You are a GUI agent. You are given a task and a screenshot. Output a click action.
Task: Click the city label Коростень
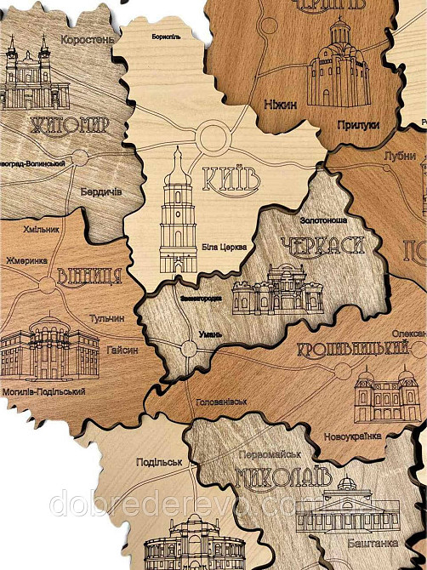(87, 39)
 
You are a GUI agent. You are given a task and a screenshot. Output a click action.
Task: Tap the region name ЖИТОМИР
(70, 127)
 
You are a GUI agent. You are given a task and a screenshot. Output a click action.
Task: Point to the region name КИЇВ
(231, 180)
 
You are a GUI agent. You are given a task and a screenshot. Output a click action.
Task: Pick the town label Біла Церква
(225, 247)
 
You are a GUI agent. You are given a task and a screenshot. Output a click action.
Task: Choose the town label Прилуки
(358, 125)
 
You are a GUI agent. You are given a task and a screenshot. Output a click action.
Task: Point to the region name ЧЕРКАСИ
(322, 246)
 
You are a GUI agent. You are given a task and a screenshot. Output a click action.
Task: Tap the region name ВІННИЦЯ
(88, 276)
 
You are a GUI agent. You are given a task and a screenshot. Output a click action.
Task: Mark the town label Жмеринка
(27, 260)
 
